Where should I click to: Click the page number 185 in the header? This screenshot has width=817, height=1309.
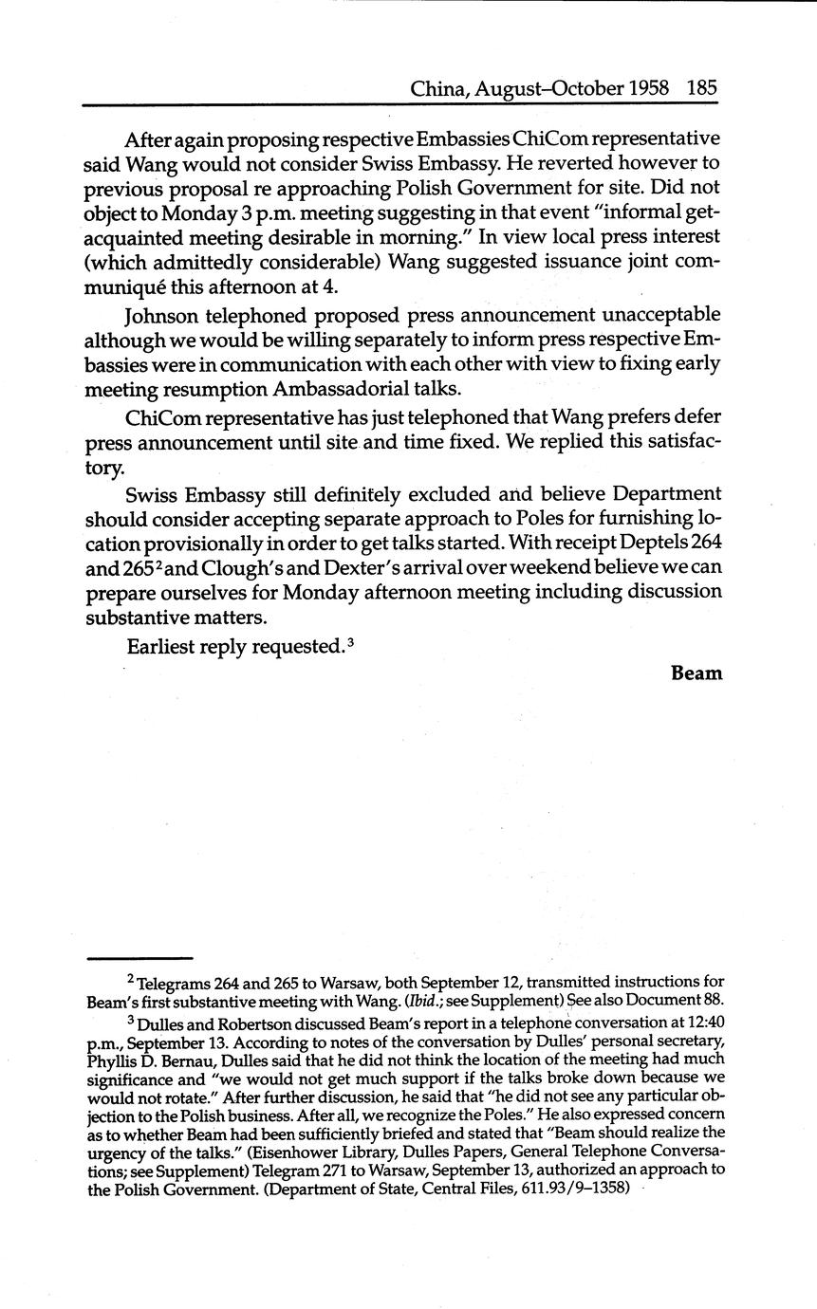pyautogui.click(x=701, y=89)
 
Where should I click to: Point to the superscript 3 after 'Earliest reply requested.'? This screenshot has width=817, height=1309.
pyautogui.click(x=351, y=642)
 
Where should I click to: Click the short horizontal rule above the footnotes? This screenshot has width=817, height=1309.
pyautogui.click(x=139, y=958)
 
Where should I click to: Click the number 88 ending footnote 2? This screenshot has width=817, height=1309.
pyautogui.click(x=714, y=1000)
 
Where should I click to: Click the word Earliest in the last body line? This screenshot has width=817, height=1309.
pyautogui.click(x=160, y=647)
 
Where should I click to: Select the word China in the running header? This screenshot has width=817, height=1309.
pyautogui.click(x=438, y=89)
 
